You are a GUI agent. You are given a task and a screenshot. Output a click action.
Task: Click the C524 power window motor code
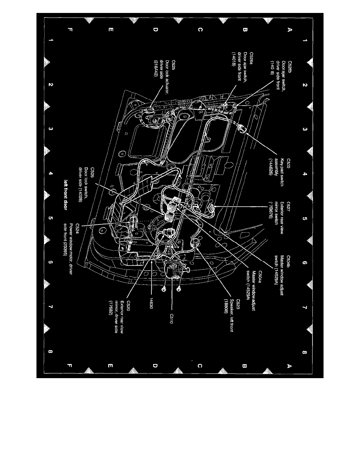[x=78, y=227]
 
